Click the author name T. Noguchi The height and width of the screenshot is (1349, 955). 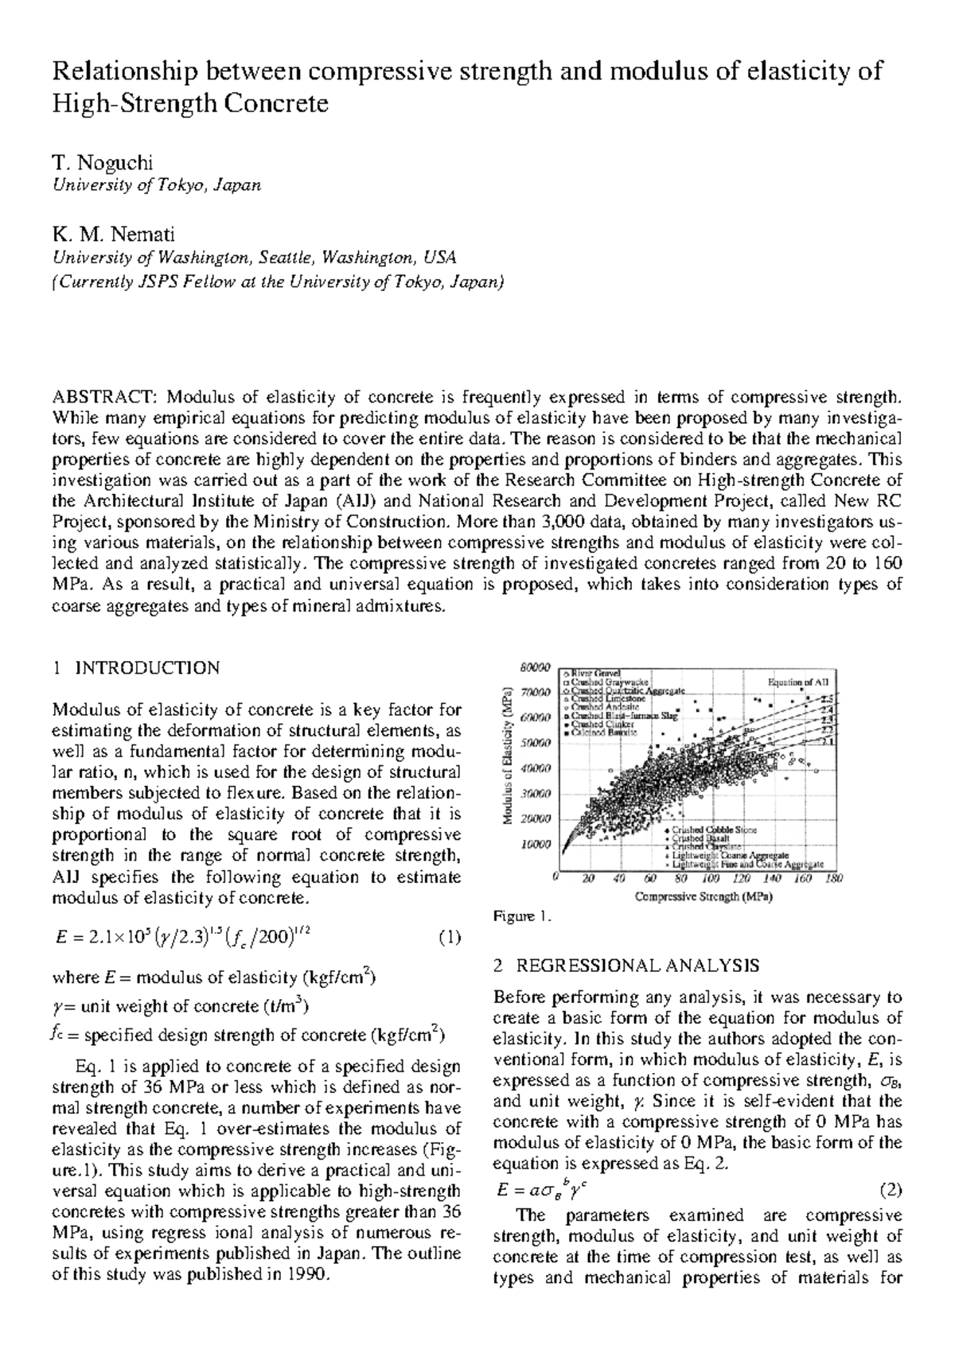coord(102,163)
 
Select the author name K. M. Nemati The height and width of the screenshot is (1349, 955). coord(113,235)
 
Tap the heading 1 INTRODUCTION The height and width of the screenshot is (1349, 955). coord(135,668)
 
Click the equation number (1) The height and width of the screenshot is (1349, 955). coord(450,938)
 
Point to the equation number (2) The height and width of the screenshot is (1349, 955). coord(891,1191)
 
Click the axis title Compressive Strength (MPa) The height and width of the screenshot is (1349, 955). coord(704,897)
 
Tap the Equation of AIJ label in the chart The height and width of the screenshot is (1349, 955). coord(797,682)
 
